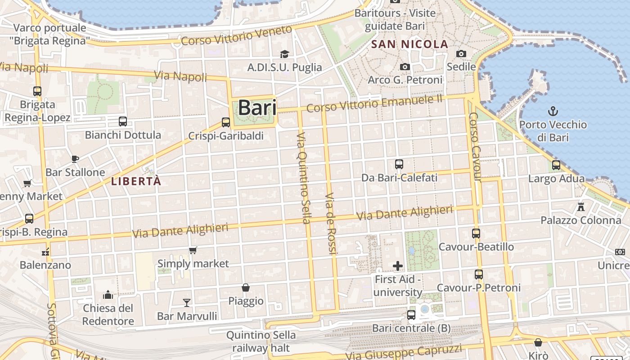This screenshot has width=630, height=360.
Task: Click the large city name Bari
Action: tap(257, 108)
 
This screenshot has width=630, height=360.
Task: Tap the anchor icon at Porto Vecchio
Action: tap(553, 111)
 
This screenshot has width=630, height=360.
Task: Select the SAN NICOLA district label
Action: tap(409, 45)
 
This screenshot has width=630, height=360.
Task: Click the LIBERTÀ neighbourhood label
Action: tap(135, 181)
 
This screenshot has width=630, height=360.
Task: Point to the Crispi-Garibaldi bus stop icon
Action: tap(226, 122)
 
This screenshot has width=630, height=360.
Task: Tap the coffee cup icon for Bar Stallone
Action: tap(75, 159)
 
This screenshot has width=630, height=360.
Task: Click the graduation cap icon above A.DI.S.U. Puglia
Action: tap(284, 54)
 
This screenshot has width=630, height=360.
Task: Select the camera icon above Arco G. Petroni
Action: tap(405, 67)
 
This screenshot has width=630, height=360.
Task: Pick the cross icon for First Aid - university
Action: tap(398, 266)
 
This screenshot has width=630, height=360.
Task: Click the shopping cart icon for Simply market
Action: tap(193, 250)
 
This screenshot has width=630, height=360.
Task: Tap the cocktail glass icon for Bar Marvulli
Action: tap(187, 302)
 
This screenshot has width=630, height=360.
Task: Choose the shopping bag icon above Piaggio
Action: tap(246, 288)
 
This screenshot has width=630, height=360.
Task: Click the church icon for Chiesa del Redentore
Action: tap(108, 295)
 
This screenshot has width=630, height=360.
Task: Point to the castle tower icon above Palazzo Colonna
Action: tap(581, 207)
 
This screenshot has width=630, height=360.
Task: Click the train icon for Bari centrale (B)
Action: tap(411, 315)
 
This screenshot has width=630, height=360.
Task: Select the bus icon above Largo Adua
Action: tap(556, 165)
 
